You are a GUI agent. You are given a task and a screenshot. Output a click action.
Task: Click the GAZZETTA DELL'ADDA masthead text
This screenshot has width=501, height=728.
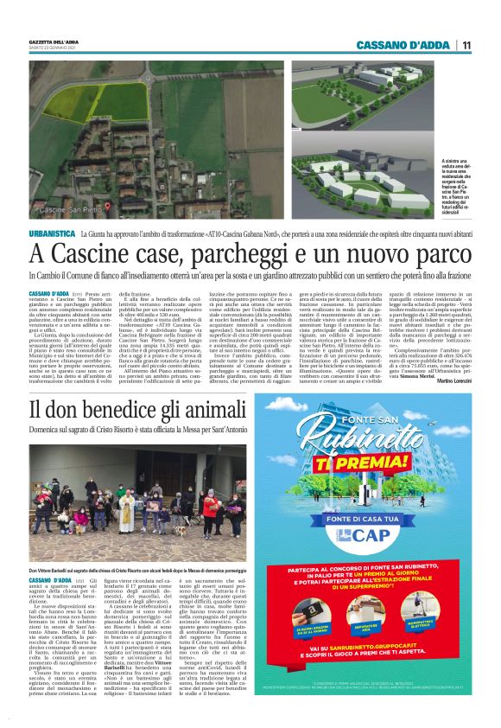point(54,40)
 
